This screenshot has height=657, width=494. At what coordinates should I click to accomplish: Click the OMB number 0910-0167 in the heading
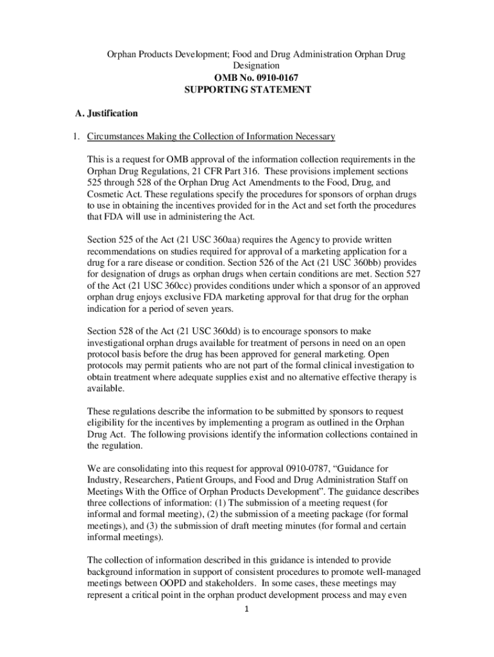(x=269, y=78)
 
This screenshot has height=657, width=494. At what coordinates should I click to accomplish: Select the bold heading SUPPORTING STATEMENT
(x=248, y=90)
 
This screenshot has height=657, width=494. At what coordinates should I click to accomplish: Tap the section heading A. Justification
(x=106, y=114)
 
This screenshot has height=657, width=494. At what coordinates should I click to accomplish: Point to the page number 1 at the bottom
(x=247, y=609)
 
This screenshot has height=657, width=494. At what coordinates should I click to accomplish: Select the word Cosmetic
(x=107, y=194)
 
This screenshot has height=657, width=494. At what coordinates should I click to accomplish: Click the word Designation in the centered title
(x=256, y=65)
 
